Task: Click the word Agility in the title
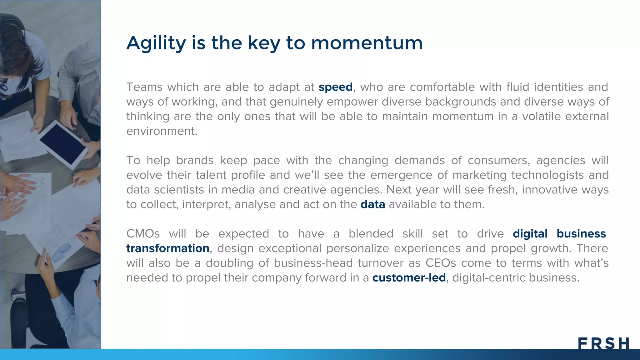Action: [156, 43]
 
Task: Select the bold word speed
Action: [335, 87]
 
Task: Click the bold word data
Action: [372, 204]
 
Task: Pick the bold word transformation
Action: [167, 248]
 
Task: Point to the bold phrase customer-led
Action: [409, 278]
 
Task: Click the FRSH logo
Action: [603, 343]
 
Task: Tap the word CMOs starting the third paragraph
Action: [143, 234]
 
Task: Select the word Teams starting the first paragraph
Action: [144, 87]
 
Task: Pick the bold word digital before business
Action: [530, 234]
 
